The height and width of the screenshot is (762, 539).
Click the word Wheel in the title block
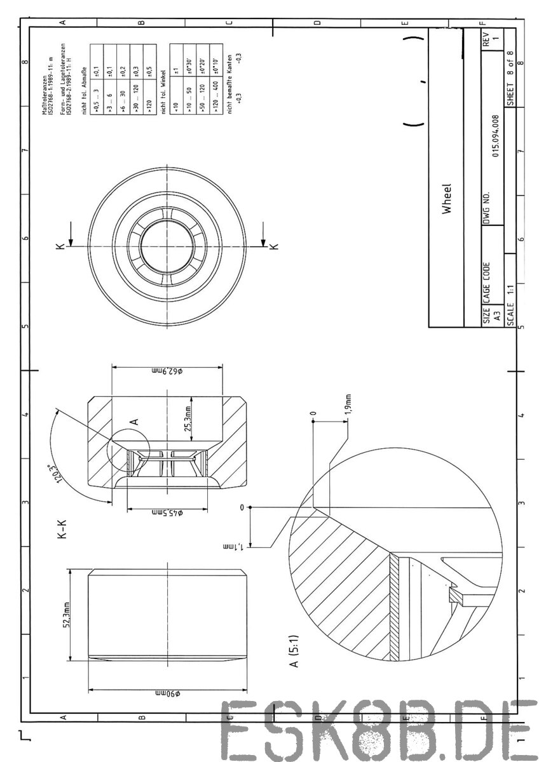pos(448,199)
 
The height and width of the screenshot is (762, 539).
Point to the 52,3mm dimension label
pos(66,614)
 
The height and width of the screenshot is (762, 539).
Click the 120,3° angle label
pos(53,474)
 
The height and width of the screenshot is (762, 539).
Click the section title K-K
pos(62,530)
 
